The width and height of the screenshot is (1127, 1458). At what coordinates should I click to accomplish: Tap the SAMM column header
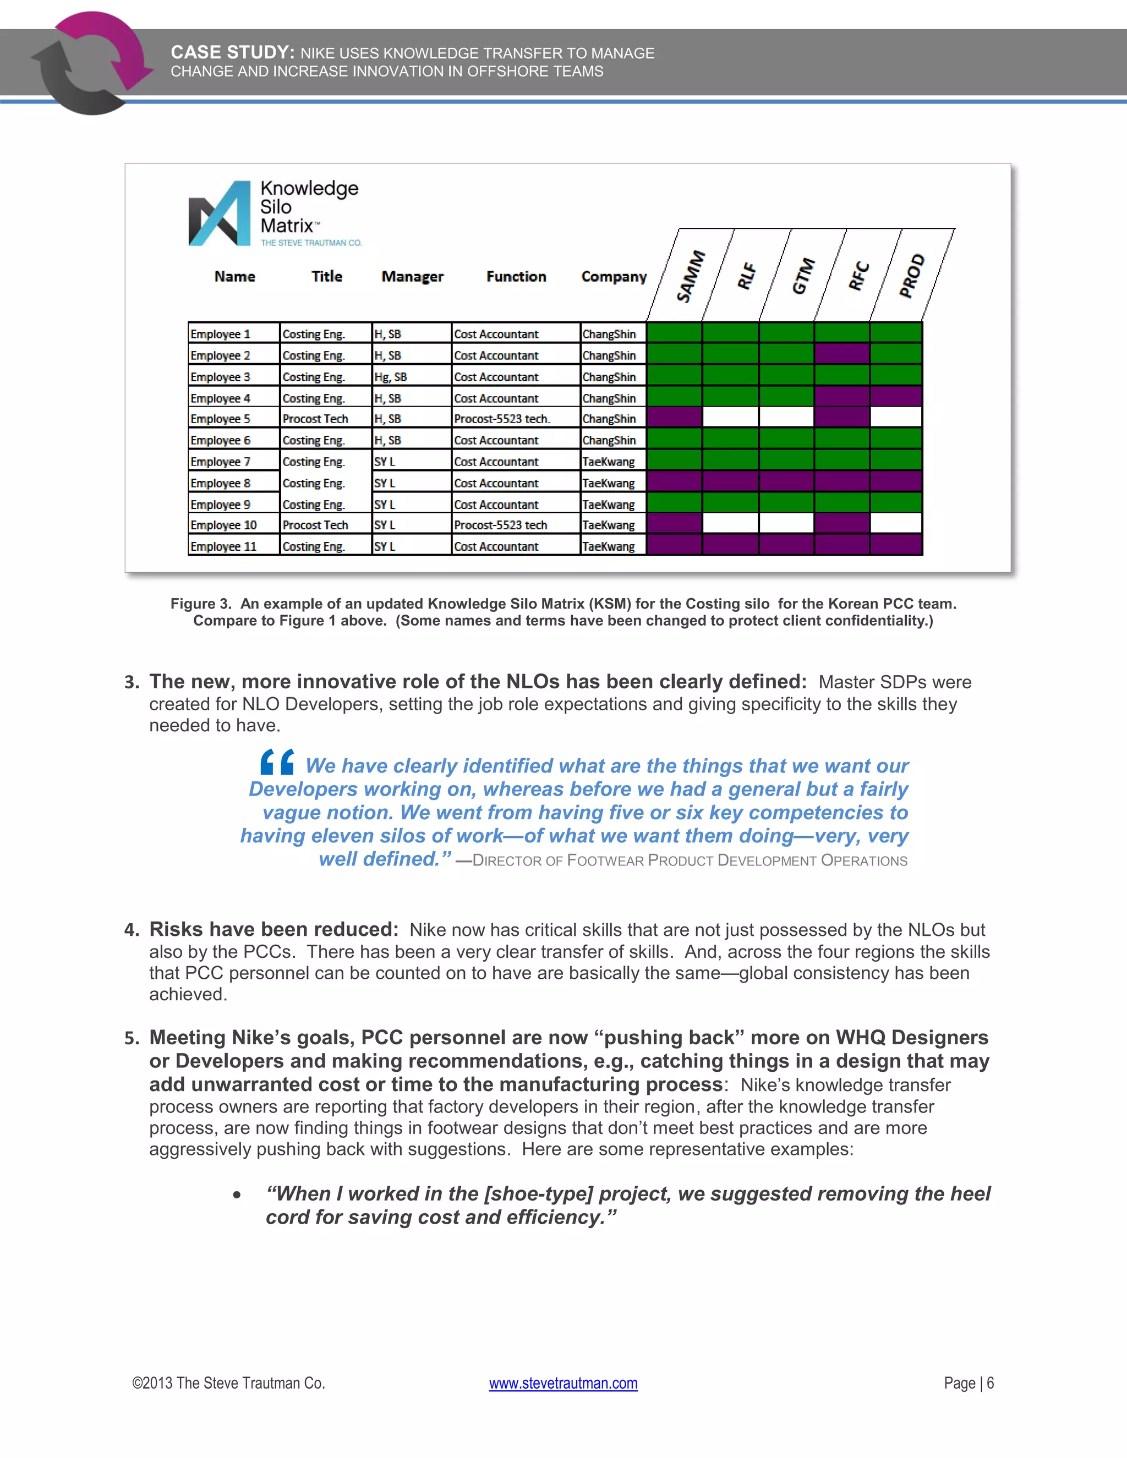click(x=691, y=276)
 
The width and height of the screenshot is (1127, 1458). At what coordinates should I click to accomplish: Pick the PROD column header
click(x=911, y=275)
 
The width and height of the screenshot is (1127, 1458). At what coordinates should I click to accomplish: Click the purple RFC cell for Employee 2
click(x=841, y=354)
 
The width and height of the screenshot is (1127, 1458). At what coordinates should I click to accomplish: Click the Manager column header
click(x=412, y=276)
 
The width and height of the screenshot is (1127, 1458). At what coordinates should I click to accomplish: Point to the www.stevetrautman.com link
click(x=563, y=1383)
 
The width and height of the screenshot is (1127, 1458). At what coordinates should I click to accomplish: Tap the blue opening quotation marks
click(x=277, y=761)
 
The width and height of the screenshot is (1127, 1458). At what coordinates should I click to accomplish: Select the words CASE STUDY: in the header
click(x=232, y=53)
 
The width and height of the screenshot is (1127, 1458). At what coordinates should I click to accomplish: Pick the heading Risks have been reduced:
click(x=273, y=929)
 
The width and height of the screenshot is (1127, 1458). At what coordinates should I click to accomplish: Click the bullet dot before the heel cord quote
click(x=237, y=1194)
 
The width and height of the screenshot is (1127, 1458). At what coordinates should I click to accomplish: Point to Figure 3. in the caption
click(x=201, y=604)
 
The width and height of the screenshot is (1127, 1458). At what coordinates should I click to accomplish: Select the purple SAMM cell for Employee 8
click(x=674, y=481)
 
